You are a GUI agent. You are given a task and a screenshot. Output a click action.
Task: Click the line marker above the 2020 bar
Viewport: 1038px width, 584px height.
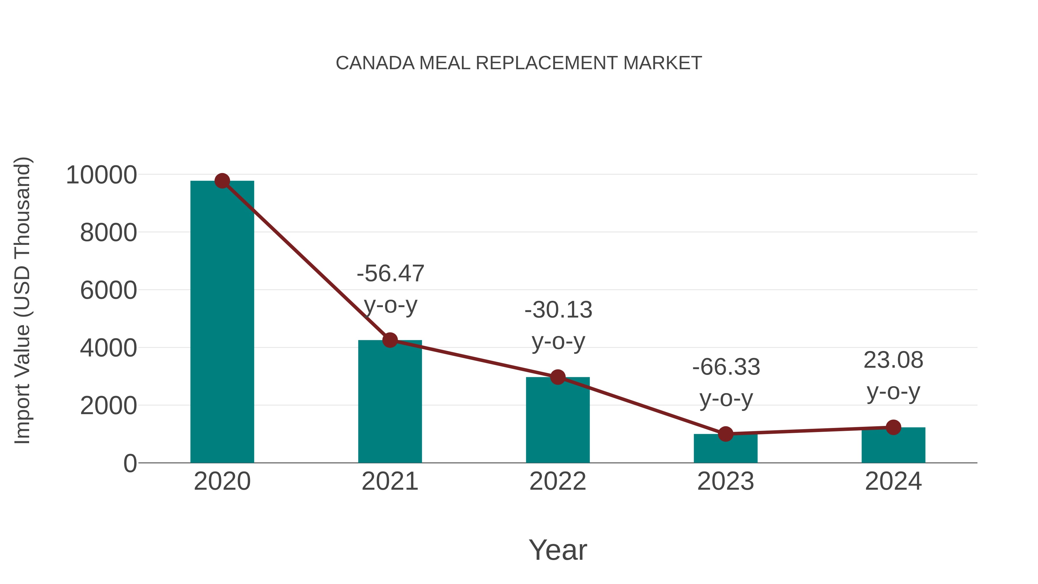(x=222, y=181)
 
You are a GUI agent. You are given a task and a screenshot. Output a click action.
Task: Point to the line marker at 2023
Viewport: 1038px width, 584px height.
(x=725, y=434)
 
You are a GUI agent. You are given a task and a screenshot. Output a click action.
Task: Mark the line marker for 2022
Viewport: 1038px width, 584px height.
(x=558, y=377)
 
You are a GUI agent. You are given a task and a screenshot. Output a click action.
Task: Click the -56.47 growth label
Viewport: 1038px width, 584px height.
(x=390, y=274)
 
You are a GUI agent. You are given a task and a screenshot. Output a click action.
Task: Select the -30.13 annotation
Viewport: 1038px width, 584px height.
(x=558, y=310)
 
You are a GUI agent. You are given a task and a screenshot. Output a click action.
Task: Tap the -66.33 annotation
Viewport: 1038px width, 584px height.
(x=726, y=367)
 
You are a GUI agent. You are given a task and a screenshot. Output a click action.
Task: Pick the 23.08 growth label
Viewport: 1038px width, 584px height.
(x=893, y=360)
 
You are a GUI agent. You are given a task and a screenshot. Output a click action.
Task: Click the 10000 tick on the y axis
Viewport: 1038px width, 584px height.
(x=101, y=175)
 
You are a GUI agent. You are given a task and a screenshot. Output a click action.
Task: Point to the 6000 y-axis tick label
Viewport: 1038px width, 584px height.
(x=108, y=291)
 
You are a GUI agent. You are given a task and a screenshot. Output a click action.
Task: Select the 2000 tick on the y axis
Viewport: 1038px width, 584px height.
(x=108, y=406)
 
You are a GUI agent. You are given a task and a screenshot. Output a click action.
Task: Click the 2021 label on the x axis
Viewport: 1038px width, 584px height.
(x=390, y=481)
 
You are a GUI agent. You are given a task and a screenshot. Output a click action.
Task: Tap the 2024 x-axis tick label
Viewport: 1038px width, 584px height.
(x=893, y=481)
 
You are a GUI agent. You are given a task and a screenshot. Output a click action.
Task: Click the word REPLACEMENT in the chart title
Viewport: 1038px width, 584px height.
(x=546, y=63)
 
